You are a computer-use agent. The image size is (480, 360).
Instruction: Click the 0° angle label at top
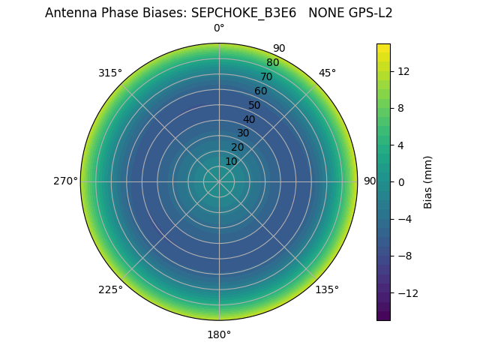[219, 28]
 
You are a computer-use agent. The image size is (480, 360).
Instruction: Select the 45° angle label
[327, 73]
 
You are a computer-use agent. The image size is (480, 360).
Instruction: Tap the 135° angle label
[327, 289]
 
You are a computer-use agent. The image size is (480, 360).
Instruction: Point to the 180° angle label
[219, 334]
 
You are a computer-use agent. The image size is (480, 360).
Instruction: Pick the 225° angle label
[110, 289]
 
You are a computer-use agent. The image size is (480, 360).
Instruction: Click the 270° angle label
[65, 181]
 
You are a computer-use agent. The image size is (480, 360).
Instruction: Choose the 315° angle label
[110, 73]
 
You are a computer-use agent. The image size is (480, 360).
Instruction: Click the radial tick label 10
[231, 161]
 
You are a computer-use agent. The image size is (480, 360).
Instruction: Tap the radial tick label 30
[243, 133]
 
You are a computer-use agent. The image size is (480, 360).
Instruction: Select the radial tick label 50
[255, 105]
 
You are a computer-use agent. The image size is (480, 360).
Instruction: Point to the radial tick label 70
[266, 76]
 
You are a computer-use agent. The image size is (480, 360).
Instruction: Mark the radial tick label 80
[272, 62]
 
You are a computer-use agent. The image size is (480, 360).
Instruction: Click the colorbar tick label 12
[403, 71]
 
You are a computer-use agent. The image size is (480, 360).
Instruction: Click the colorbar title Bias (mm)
[428, 182]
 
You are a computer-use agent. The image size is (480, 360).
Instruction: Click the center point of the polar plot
[219, 181]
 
